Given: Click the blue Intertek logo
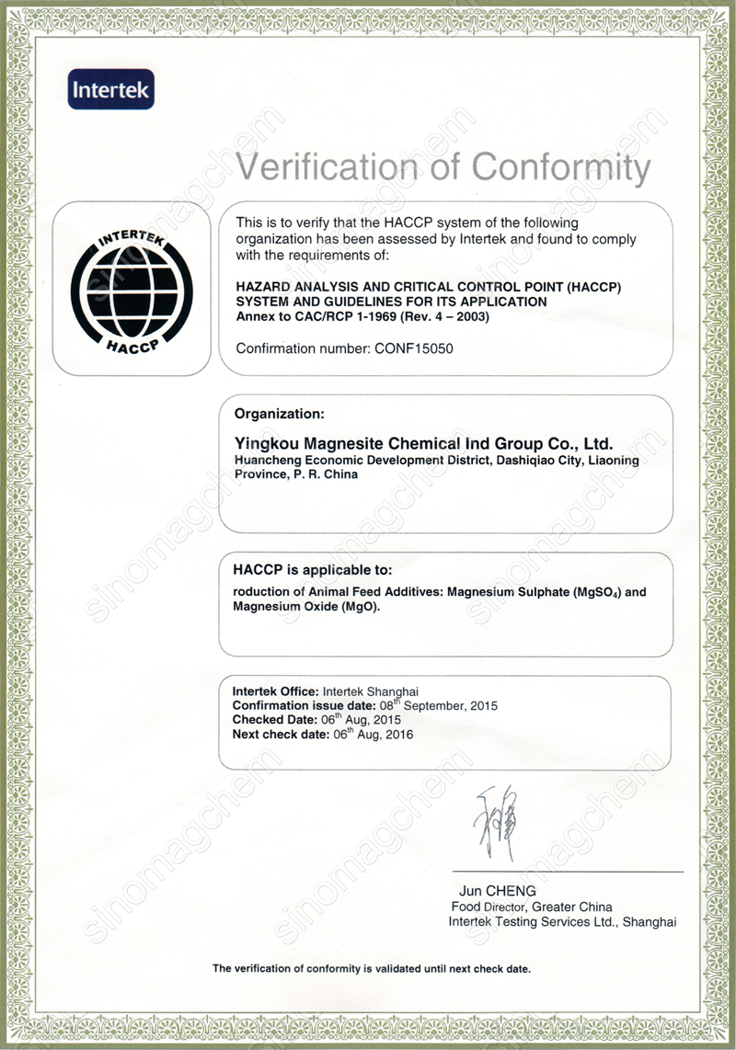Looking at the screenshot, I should pyautogui.click(x=110, y=91).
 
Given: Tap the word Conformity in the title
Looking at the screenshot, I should pyautogui.click(x=560, y=167).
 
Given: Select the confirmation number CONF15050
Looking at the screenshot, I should pyautogui.click(x=412, y=348).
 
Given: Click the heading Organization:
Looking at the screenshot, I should pyautogui.click(x=279, y=413).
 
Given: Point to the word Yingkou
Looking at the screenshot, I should pyautogui.click(x=267, y=442).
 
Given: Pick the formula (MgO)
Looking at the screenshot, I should pyautogui.click(x=361, y=608).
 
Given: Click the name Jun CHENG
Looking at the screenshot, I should pyautogui.click(x=497, y=891).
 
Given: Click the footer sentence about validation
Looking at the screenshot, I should pyautogui.click(x=372, y=968).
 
